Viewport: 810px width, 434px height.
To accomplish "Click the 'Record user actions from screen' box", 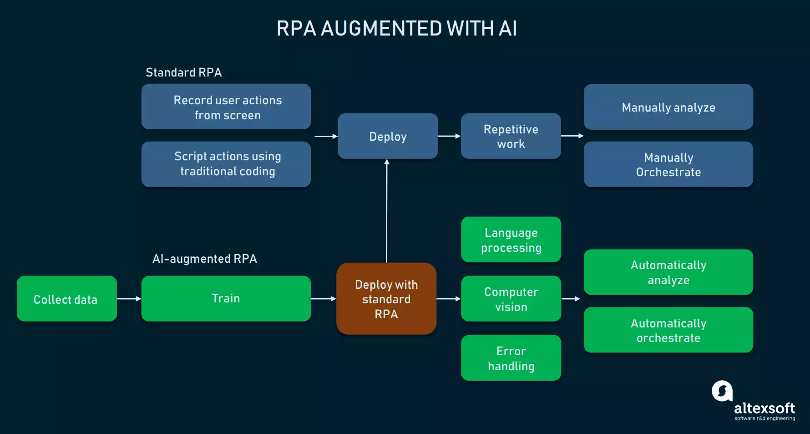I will [x=226, y=107].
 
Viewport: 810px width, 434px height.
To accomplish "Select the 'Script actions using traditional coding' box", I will [x=226, y=164].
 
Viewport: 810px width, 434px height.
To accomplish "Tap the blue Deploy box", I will [x=388, y=136].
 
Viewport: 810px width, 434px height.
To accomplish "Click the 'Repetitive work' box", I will [x=511, y=136].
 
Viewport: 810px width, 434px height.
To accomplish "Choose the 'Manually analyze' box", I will [x=668, y=107].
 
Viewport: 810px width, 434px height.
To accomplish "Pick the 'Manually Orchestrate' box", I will [x=668, y=164].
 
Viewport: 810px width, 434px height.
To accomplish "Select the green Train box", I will [x=226, y=299].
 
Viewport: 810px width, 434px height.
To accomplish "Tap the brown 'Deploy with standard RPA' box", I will [x=386, y=299].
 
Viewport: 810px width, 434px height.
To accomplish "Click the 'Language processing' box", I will [x=511, y=240].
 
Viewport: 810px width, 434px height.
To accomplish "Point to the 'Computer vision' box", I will [x=511, y=299].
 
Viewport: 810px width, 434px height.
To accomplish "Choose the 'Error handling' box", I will [x=511, y=358].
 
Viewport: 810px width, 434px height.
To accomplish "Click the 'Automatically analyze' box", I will [x=668, y=272].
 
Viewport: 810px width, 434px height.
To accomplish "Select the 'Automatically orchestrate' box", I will [x=668, y=330].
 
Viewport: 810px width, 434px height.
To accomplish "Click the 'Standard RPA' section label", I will [x=183, y=72].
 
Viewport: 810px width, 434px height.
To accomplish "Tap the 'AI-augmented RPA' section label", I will [x=204, y=259].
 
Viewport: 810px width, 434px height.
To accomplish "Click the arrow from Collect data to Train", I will [x=129, y=299].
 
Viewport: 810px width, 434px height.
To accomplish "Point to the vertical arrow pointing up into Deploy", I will [x=387, y=209].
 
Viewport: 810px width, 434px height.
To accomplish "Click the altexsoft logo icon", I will [x=722, y=391].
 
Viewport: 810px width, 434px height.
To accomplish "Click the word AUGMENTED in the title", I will [x=381, y=28].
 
